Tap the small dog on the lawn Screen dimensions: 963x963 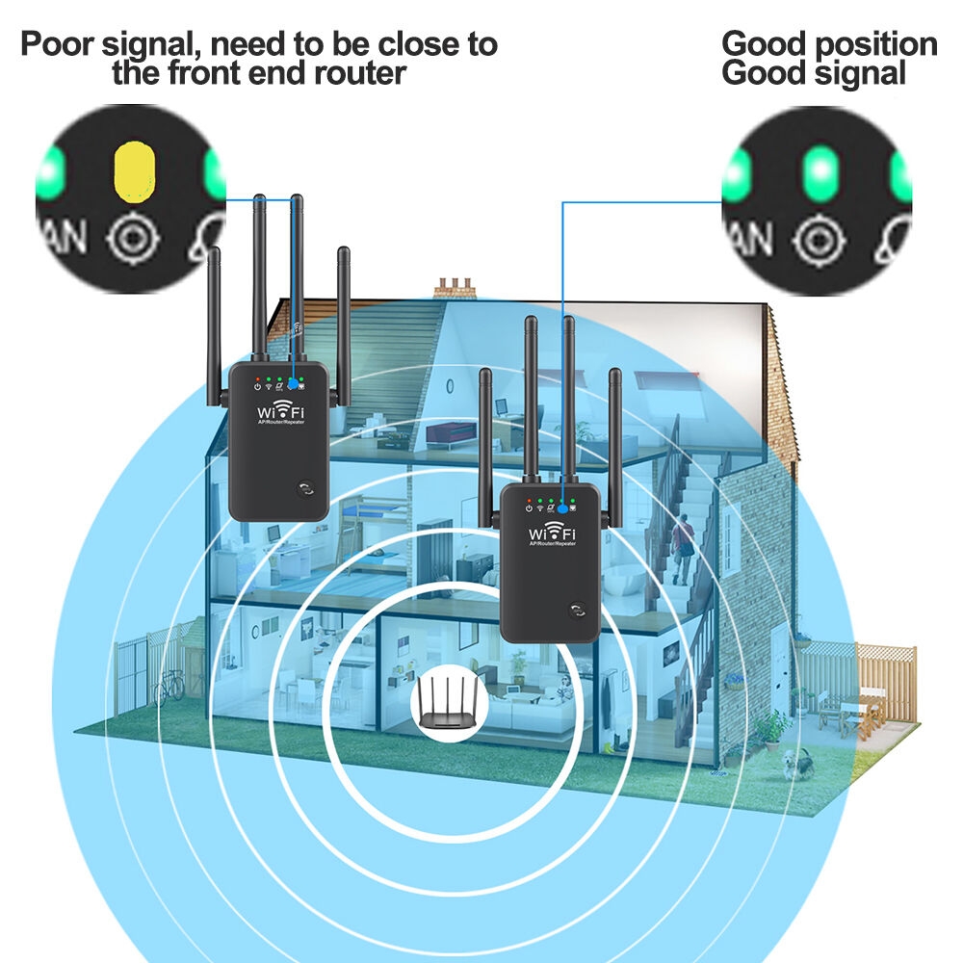[x=795, y=764]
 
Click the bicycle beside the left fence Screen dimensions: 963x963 [x=169, y=686]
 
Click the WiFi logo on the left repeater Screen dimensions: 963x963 [x=277, y=408]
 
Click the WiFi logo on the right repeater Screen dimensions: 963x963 [x=551, y=532]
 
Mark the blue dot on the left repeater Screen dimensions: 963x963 [x=292, y=383]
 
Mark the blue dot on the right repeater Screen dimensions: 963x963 [x=561, y=506]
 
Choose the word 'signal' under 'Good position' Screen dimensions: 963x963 [x=858, y=73]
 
